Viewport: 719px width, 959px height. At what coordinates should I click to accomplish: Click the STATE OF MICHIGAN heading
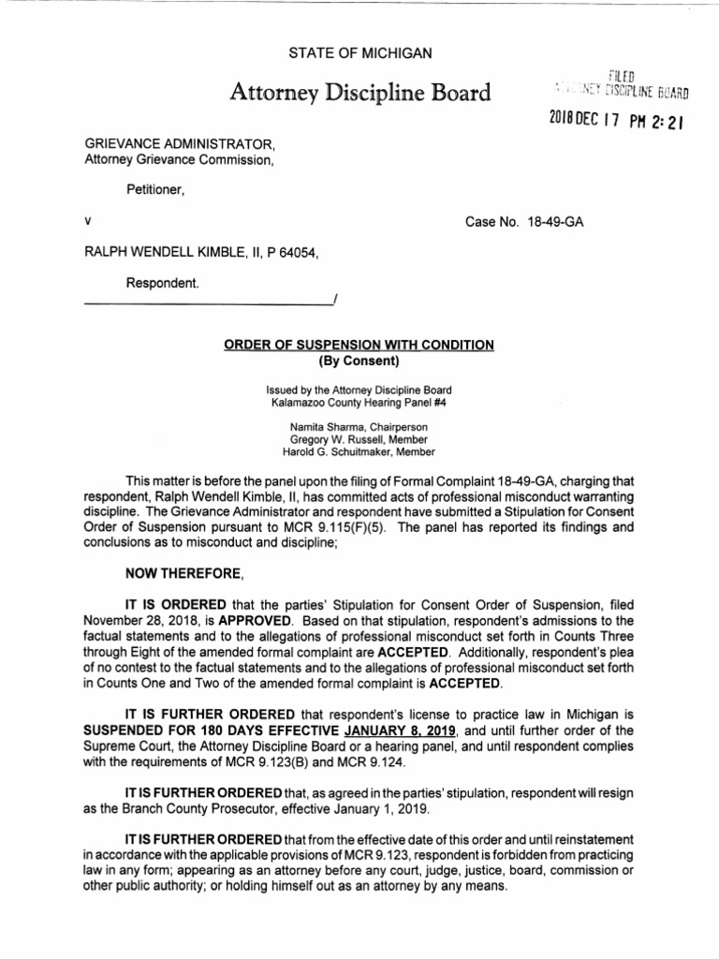[359, 54]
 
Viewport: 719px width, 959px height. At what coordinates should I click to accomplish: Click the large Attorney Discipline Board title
[359, 93]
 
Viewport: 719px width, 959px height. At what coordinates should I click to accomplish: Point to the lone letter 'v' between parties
[87, 223]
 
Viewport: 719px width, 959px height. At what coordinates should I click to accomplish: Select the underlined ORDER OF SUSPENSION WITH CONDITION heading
[359, 345]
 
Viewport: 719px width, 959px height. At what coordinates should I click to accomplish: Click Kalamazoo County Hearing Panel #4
[359, 400]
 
